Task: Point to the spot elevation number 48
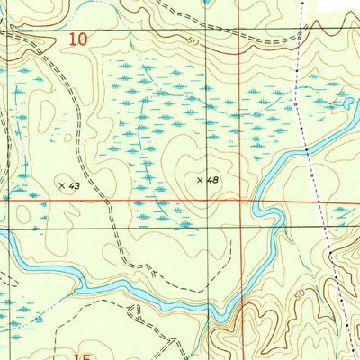point(212,180)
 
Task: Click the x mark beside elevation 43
point(62,184)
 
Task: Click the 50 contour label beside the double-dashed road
point(193,41)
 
